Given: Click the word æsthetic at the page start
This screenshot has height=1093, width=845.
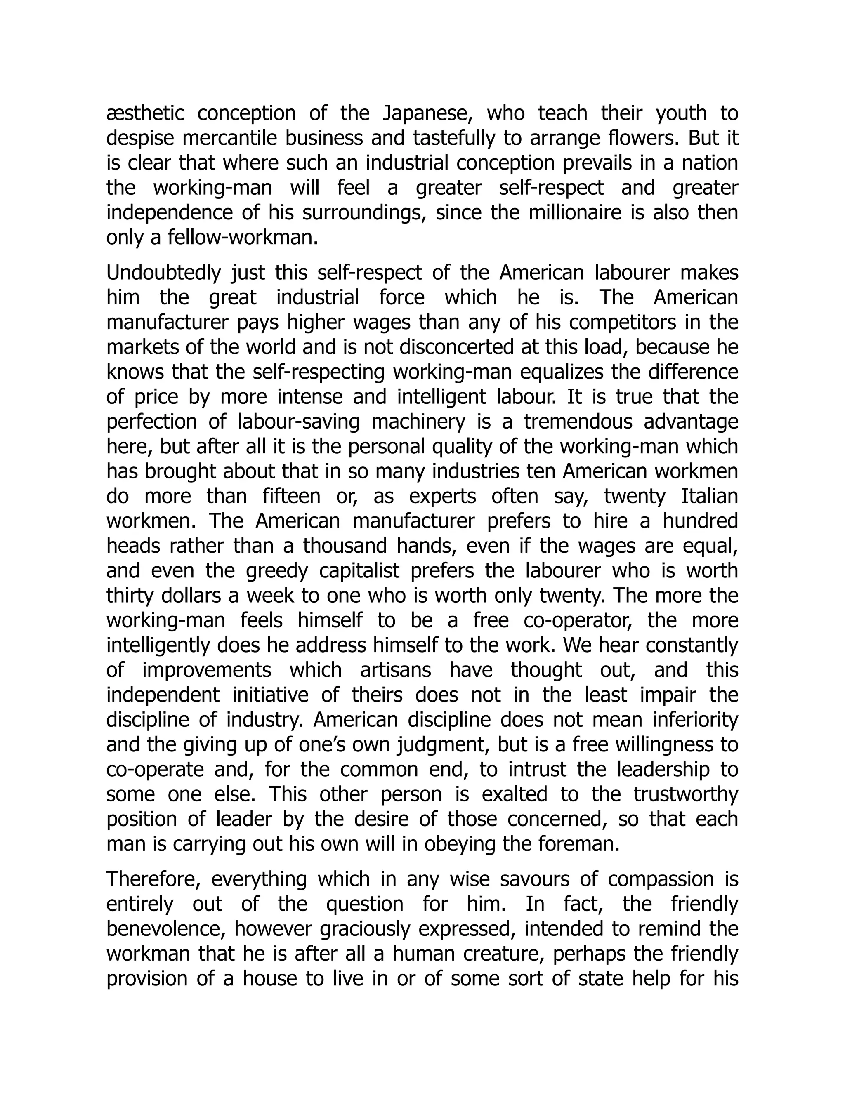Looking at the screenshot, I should point(145,114).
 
